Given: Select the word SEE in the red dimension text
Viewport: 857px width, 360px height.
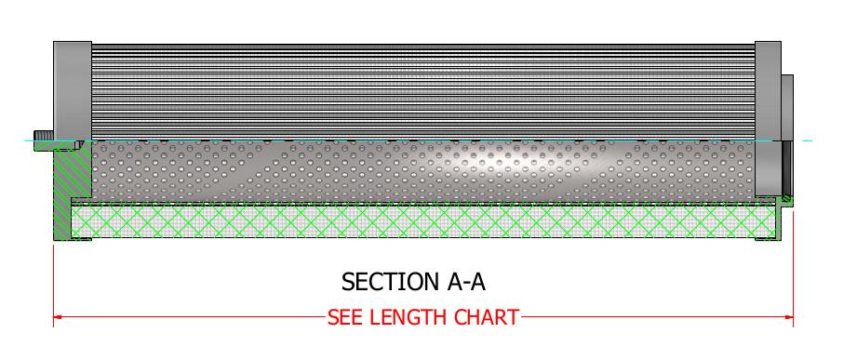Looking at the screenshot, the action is pos(346,317).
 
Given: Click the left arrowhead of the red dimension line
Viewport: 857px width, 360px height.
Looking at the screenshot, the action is pos(59,317).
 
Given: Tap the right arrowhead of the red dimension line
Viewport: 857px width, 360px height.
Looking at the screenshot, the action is pos(788,317).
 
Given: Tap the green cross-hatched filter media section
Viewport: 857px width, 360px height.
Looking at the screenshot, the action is pos(419,220).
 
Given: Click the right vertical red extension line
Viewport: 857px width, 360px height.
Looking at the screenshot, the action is pos(793,279).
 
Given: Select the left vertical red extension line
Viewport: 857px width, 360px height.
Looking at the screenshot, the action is pos(54,279).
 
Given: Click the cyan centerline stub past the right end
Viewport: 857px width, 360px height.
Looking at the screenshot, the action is pos(804,140).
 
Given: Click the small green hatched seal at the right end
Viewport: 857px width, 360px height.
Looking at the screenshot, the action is pos(786,198).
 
